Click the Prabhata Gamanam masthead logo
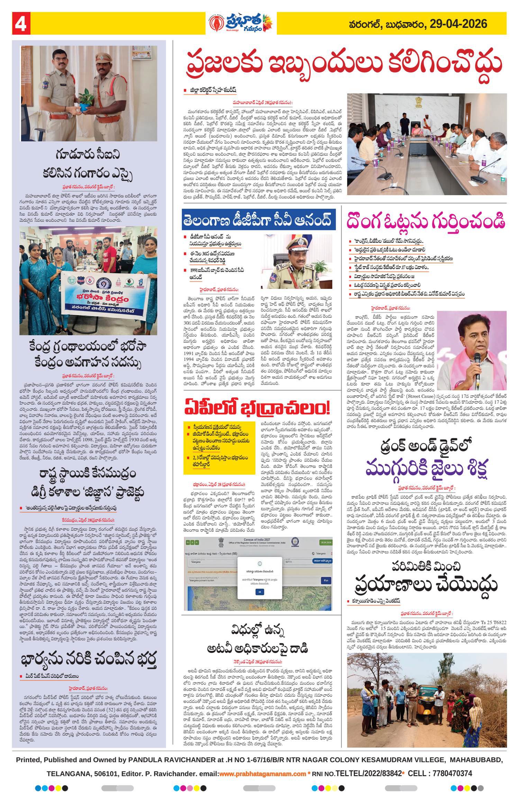click(x=241, y=24)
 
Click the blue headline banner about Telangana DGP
click(x=258, y=219)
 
